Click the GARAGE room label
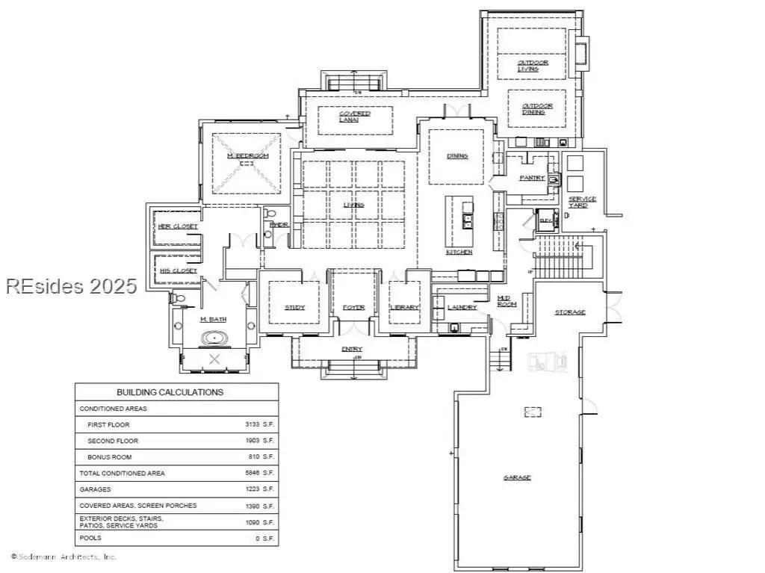(x=517, y=477)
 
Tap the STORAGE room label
(x=570, y=312)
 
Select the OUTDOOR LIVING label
(x=533, y=66)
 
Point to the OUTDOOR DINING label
(x=537, y=109)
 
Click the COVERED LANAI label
(x=354, y=117)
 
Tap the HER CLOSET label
(x=178, y=226)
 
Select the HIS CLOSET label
(x=178, y=270)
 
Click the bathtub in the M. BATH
(x=215, y=338)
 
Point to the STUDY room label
(x=294, y=308)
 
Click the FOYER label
(x=353, y=308)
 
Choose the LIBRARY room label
(x=405, y=308)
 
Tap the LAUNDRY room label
(x=462, y=308)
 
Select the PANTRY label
(x=533, y=178)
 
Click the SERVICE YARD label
(x=582, y=202)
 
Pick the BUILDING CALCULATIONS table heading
(x=170, y=392)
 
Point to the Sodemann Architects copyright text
(x=64, y=557)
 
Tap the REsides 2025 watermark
(x=71, y=285)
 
